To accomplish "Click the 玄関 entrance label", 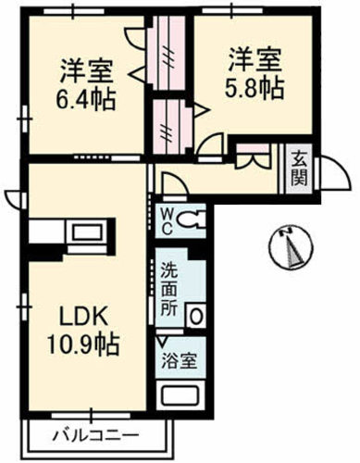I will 302,167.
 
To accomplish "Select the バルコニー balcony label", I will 95,434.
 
